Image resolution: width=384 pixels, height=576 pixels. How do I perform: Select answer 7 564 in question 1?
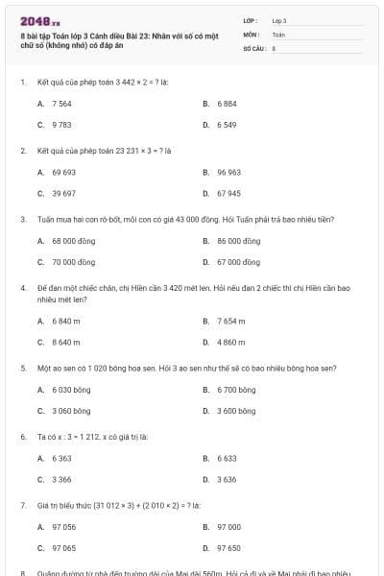[x=61, y=103]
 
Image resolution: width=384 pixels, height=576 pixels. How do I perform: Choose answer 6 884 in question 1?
[x=228, y=103]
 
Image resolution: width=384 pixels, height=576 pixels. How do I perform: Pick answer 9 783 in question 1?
[x=61, y=125]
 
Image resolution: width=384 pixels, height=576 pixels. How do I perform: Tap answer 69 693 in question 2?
[x=63, y=172]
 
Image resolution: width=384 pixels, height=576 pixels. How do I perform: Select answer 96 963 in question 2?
[x=228, y=172]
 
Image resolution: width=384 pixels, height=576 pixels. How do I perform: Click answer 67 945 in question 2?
[x=228, y=193]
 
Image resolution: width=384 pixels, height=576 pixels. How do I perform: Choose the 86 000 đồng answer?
[x=238, y=241]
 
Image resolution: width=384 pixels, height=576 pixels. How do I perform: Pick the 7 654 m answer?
[x=231, y=321]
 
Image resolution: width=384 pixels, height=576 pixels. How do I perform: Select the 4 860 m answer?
[x=231, y=342]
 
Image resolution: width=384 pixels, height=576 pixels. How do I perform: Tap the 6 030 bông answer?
[x=69, y=390]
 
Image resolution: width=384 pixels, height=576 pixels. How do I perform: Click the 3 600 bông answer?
[x=236, y=411]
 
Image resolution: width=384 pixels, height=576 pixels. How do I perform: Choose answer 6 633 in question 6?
[x=227, y=458]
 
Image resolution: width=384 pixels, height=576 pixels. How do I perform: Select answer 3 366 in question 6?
[x=61, y=479]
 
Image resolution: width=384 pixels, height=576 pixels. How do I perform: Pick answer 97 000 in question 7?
[x=228, y=527]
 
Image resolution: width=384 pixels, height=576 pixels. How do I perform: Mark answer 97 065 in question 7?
[x=63, y=548]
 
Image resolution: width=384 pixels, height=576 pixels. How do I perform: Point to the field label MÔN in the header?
[x=251, y=34]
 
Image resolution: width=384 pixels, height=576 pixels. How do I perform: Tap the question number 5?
[x=22, y=368]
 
